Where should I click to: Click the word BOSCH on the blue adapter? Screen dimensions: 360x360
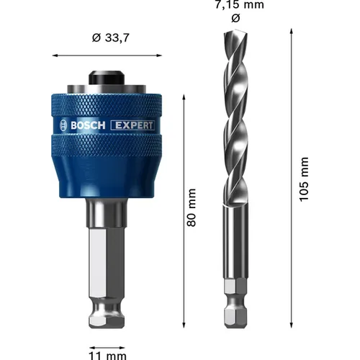coord(88,125)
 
